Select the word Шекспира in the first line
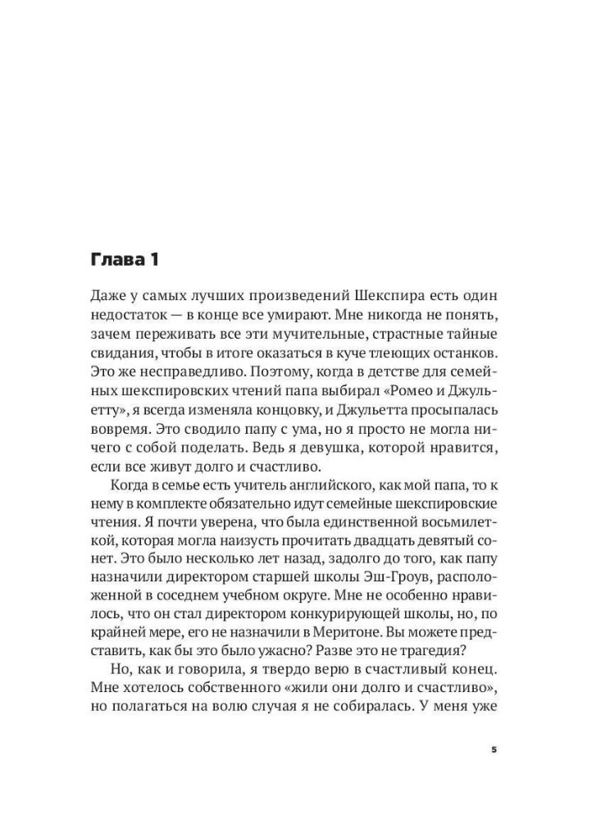pos(389,294)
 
